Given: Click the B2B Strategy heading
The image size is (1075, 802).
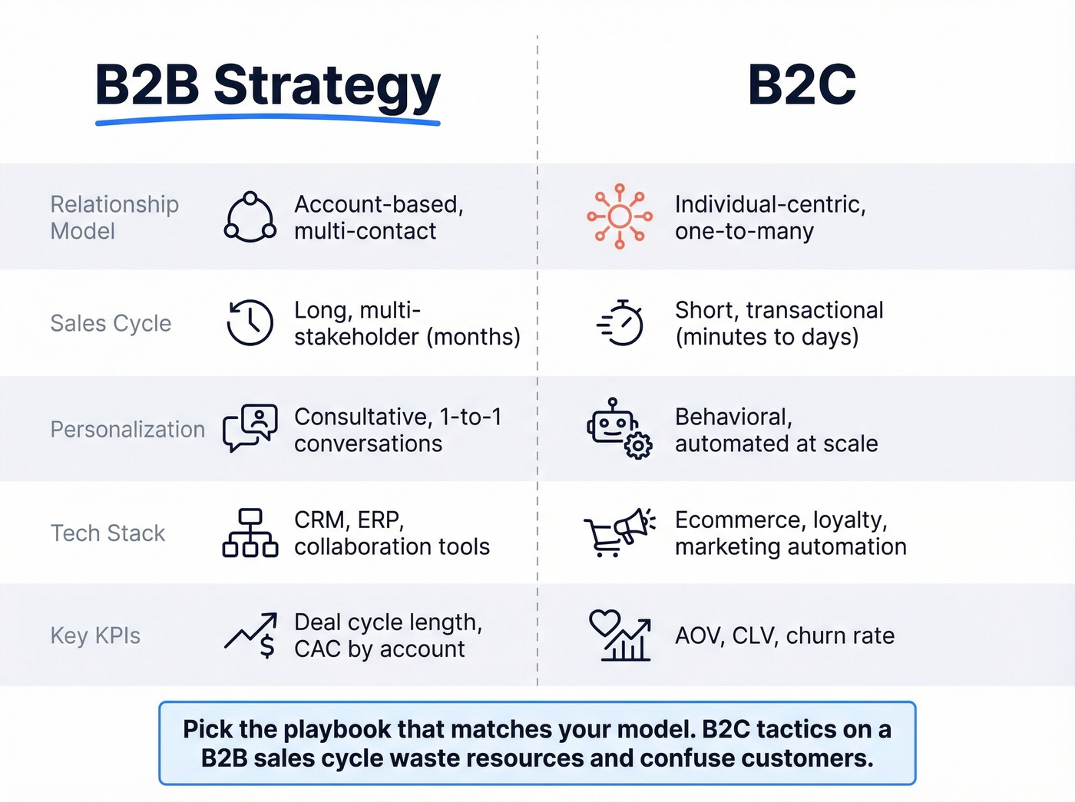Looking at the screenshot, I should [x=267, y=84].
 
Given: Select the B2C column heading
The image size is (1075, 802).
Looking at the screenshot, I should [x=802, y=84].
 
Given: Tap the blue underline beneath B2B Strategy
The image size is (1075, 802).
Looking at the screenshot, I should [x=267, y=120].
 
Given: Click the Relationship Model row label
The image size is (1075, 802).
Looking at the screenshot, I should [x=114, y=217].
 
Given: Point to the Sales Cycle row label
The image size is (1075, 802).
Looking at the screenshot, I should [x=111, y=323].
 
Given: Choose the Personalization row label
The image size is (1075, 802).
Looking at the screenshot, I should [x=127, y=429].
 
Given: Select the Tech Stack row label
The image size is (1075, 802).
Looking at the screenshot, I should [x=107, y=533].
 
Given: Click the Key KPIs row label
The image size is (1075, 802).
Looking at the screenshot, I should [x=95, y=635].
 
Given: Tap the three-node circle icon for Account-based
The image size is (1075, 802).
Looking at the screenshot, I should [x=250, y=217].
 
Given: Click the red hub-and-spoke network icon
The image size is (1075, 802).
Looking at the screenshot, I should [x=620, y=216].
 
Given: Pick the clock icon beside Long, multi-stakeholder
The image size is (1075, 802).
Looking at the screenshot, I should [x=250, y=322].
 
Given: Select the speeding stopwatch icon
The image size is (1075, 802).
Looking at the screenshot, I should [x=620, y=323].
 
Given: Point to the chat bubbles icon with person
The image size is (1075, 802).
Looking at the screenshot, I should [x=250, y=428].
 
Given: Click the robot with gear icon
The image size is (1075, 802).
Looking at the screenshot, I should [x=619, y=428].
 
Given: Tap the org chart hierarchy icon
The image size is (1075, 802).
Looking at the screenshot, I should [x=250, y=533].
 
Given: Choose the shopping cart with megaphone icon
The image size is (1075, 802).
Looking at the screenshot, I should [x=619, y=532].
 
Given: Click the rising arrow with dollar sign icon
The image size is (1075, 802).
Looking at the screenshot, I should [x=251, y=635].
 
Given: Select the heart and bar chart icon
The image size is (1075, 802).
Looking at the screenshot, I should [x=620, y=635].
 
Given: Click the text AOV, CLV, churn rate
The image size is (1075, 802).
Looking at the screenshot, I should [x=785, y=635].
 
